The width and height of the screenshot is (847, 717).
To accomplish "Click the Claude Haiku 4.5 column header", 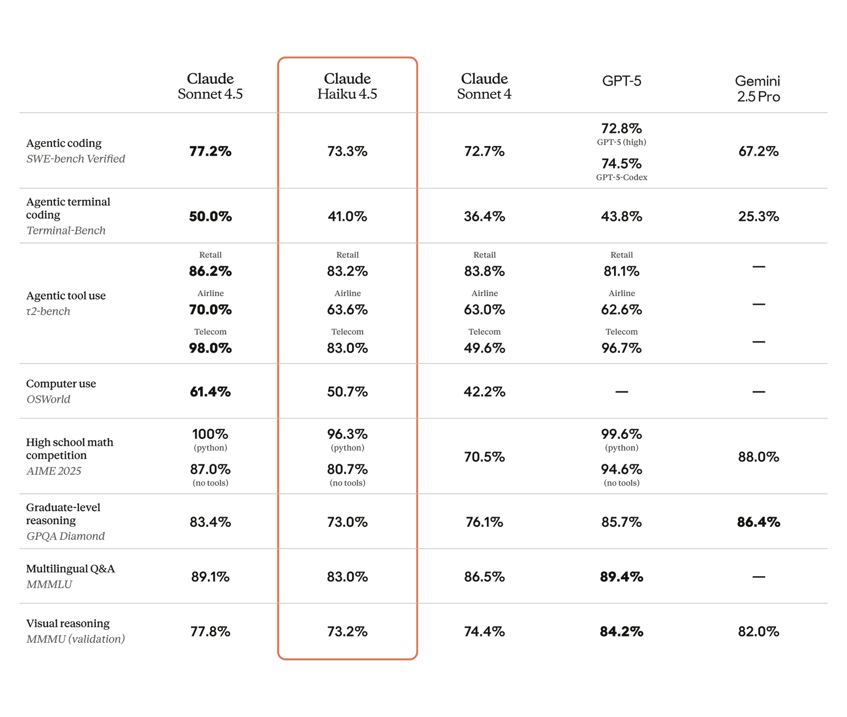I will (347, 86).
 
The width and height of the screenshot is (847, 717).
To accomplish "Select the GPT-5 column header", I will (621, 81).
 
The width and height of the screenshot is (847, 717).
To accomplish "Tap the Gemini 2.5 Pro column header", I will (758, 88).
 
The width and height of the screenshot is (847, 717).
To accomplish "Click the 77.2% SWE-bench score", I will (210, 151).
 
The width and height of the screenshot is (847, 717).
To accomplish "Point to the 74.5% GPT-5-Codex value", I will (621, 164).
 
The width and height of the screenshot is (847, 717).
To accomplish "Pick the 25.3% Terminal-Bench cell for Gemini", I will (758, 217).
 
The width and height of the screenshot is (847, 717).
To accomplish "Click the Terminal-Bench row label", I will (66, 230).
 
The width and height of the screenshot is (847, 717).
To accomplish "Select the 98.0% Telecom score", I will (210, 348).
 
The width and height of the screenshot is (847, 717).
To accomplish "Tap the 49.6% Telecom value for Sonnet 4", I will (484, 348).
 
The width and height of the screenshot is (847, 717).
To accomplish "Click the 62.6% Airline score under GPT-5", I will (621, 310).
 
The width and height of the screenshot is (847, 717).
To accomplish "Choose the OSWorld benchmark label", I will (48, 399).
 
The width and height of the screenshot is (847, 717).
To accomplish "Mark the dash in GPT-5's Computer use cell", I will (621, 392).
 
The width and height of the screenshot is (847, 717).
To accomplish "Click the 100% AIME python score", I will (210, 434).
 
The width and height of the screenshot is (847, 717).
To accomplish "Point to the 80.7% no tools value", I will (347, 470).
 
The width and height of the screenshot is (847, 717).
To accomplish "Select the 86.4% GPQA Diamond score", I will (758, 522).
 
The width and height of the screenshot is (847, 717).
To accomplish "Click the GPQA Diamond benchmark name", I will (66, 536).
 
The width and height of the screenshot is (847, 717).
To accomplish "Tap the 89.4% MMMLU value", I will (621, 577).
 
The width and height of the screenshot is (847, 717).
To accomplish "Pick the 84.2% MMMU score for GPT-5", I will (621, 632).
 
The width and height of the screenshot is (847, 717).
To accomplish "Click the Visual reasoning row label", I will (68, 623).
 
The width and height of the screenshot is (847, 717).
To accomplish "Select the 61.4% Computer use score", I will (210, 392).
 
